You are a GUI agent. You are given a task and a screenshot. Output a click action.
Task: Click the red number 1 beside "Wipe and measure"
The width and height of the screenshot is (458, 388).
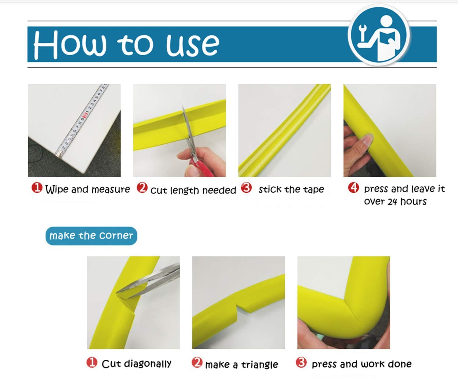[x=37, y=188]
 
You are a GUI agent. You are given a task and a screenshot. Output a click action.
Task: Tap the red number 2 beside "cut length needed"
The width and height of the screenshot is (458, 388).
[x=142, y=188]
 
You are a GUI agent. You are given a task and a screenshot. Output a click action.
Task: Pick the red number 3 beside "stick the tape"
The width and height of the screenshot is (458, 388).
[x=246, y=188]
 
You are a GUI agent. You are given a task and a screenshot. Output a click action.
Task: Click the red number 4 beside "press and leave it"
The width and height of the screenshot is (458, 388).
[x=353, y=188]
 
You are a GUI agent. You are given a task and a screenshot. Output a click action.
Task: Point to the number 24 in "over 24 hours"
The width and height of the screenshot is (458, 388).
[x=392, y=201]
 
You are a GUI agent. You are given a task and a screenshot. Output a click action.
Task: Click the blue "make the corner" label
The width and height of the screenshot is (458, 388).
[x=91, y=236]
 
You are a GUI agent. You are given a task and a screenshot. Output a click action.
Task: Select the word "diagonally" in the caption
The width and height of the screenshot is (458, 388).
[x=147, y=364]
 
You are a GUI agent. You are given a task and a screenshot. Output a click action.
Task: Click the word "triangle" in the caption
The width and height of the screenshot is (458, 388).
[x=260, y=365]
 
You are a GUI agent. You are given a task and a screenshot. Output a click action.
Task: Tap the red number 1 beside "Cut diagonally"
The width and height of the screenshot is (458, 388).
[x=92, y=363]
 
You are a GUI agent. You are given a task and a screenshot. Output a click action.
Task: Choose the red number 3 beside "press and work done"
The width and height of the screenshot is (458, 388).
[x=301, y=363]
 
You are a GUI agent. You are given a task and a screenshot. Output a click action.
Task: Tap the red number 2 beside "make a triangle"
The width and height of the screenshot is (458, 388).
[x=197, y=363]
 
